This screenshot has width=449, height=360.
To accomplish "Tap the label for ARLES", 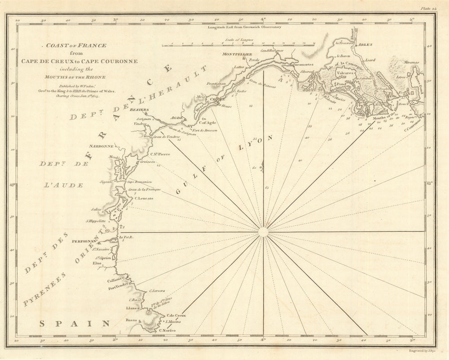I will click(x=361, y=45).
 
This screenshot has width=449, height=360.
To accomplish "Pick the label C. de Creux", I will click(x=176, y=316).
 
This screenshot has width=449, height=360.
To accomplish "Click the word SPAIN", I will click(x=75, y=323).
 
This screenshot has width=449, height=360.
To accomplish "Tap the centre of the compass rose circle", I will click(x=263, y=232).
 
